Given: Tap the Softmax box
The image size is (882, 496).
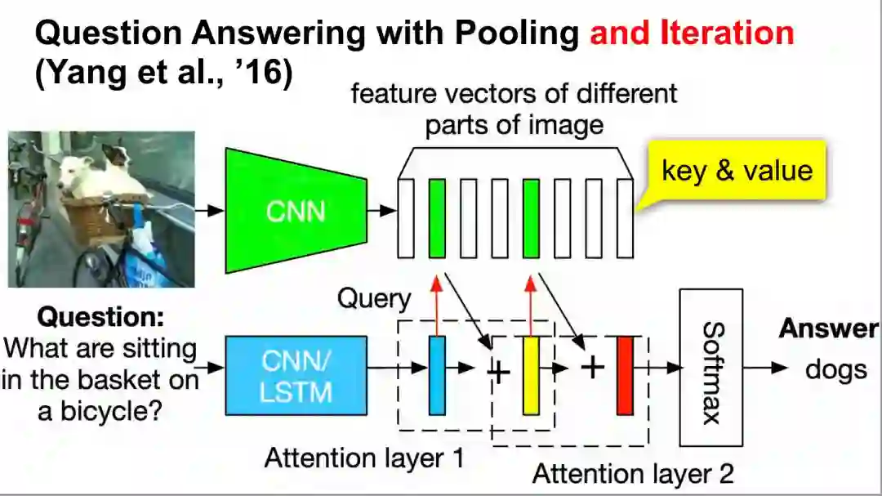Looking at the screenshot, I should [710, 367].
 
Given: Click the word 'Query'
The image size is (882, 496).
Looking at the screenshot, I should [374, 298].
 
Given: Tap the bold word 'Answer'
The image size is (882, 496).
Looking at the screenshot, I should [828, 328].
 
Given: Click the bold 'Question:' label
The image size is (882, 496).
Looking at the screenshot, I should [101, 316].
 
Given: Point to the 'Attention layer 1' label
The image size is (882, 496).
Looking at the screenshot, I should [364, 458].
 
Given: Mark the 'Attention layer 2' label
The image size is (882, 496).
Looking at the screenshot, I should [633, 472].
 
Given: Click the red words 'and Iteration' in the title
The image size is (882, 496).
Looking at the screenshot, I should [692, 33].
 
